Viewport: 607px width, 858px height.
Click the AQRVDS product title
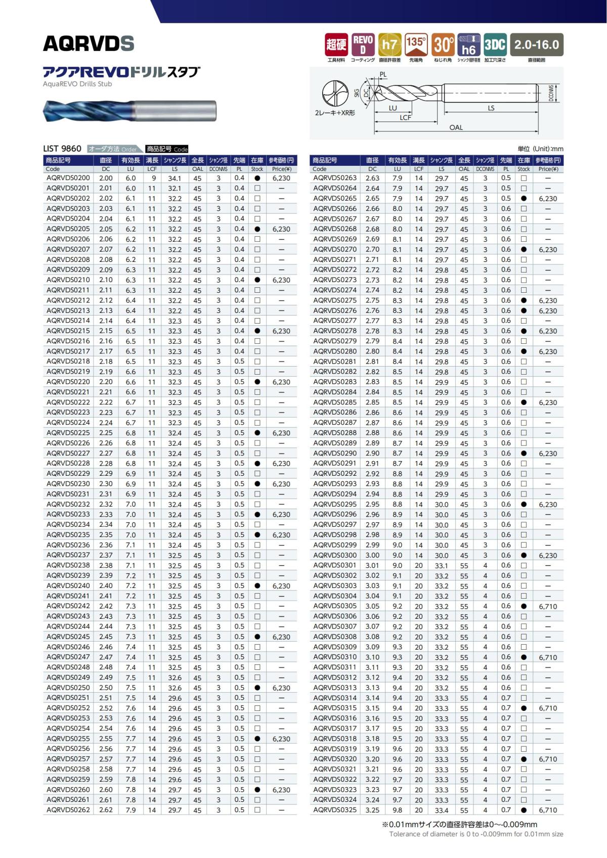point(89,44)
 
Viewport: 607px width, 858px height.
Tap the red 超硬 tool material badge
point(336,45)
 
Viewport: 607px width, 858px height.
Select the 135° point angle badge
point(416,45)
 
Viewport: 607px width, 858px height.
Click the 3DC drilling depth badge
point(494,45)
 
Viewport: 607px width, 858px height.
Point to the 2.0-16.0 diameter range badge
point(536,45)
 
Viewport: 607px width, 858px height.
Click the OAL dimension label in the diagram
point(456,128)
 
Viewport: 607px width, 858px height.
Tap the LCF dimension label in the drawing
point(405,118)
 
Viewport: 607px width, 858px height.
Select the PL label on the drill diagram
point(383,75)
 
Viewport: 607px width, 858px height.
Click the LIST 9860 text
point(62,149)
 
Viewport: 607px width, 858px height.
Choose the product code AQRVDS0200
point(68,178)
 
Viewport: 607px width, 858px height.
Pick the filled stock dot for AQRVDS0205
point(257,229)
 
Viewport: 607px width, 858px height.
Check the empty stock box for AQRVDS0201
point(257,188)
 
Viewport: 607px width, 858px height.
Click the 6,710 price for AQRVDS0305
point(548,606)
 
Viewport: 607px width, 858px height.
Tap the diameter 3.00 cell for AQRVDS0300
point(372,555)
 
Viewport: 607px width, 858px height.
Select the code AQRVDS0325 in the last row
point(335,810)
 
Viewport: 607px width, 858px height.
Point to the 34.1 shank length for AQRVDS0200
point(175,178)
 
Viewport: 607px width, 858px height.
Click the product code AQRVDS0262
point(68,810)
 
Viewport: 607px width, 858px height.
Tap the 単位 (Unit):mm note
point(540,149)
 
